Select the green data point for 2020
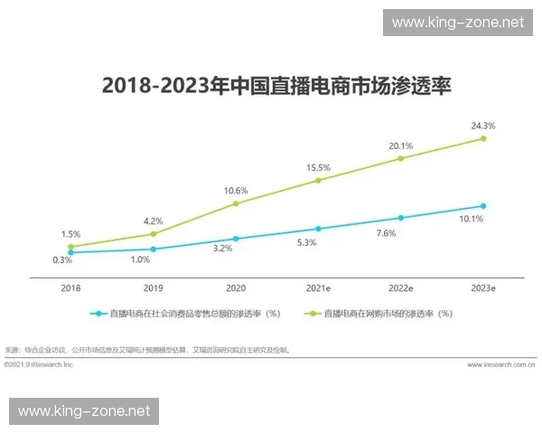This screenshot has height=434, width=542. (x=236, y=203)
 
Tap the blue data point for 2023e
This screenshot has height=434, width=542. (x=483, y=206)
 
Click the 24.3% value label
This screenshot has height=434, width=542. (x=483, y=125)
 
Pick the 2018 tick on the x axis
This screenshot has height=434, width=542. (x=70, y=287)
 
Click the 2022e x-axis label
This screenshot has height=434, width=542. (x=400, y=287)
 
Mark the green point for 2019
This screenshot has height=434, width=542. (x=153, y=234)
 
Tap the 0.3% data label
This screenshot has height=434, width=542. (x=62, y=260)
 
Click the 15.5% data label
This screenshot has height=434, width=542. (x=318, y=167)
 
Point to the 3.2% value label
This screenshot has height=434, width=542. (x=235, y=248)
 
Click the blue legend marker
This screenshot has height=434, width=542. (x=95, y=314)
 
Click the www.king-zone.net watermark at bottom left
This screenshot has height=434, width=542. (x=84, y=411)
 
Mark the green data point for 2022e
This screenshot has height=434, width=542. (x=400, y=159)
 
